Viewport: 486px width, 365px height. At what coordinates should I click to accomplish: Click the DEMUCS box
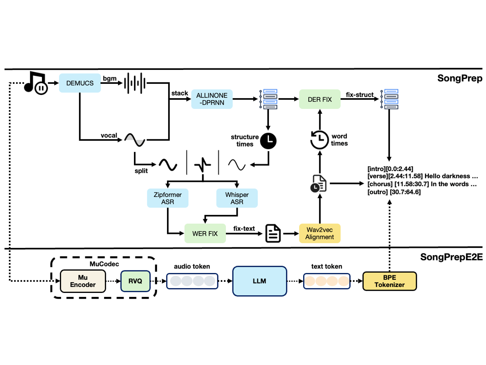(x=80, y=83)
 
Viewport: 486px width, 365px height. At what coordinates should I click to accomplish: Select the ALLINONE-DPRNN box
(x=212, y=99)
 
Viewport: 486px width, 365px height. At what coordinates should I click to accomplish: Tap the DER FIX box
(x=320, y=99)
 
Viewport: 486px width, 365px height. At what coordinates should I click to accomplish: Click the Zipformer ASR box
(x=168, y=198)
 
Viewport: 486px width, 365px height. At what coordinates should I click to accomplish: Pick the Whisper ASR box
(x=237, y=198)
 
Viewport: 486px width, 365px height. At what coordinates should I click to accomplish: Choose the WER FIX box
(x=205, y=234)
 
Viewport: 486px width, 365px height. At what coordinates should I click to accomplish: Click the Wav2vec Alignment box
(x=320, y=233)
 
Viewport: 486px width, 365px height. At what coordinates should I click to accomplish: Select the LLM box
(x=259, y=281)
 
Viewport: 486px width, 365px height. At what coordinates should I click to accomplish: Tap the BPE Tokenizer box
(x=390, y=281)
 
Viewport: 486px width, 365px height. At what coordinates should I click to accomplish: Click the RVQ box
(x=135, y=281)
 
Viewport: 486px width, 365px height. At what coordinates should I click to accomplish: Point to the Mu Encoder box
(x=83, y=281)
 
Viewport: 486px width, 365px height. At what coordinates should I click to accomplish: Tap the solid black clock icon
(x=268, y=141)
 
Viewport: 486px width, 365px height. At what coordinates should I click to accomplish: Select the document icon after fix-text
(x=273, y=234)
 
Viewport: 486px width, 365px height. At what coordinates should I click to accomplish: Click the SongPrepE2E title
(x=451, y=257)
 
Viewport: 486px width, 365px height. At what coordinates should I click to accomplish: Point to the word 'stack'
(x=180, y=93)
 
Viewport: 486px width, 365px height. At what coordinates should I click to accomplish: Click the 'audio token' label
(x=192, y=266)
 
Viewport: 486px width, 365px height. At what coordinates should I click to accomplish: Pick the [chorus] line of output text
(x=422, y=184)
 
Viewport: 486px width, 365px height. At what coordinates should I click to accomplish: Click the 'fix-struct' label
(x=359, y=95)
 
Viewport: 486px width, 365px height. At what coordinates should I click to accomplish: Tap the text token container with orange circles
(x=327, y=281)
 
